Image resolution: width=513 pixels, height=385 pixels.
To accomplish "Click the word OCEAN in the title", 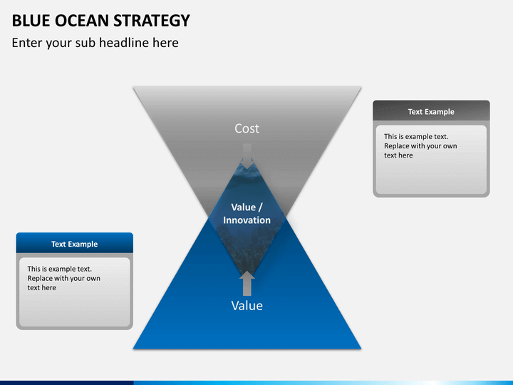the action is [82, 21].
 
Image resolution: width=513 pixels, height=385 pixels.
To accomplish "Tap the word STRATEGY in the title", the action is [152, 21].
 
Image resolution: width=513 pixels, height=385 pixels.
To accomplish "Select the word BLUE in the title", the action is [31, 21].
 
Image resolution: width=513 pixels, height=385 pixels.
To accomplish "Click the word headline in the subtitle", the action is [138, 43].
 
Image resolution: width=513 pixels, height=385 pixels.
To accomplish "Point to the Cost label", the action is [247, 128].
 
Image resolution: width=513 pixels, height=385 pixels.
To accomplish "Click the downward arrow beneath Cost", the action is [247, 155].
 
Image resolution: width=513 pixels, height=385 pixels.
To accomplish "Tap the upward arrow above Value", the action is [247, 283].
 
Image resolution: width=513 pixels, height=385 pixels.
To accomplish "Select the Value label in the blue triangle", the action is [247, 305].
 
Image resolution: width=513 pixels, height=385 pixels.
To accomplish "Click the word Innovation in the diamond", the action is [247, 220].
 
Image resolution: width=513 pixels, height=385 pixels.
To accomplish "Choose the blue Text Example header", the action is [75, 243].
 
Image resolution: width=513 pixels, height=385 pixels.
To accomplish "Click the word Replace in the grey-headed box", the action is [397, 146].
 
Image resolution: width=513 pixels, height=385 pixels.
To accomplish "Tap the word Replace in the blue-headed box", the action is [40, 278].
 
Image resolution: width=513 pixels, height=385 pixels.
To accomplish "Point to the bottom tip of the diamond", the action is [247, 276].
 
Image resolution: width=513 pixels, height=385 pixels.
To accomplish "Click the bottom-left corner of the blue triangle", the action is [133, 349].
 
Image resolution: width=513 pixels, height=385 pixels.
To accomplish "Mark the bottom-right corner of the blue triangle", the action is [361, 349].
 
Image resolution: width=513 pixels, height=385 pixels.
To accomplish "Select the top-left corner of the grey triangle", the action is [133, 87].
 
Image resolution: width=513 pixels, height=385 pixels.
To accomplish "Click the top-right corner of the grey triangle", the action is [361, 87].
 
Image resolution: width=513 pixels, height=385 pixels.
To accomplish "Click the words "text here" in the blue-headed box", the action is [41, 288].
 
